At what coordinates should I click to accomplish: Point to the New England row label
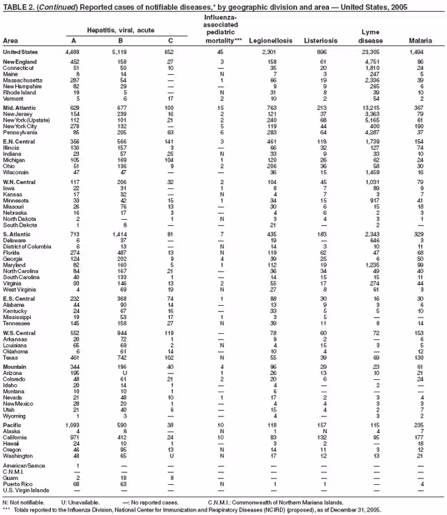(20, 62)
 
